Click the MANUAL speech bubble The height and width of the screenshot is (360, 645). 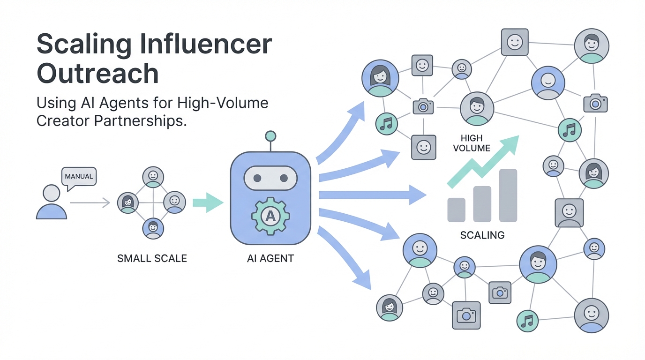click(79, 177)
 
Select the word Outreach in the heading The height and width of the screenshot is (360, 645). click(97, 73)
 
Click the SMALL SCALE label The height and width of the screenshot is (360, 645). click(152, 258)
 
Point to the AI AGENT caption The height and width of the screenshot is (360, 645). click(270, 258)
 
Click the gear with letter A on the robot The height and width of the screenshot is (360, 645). click(270, 216)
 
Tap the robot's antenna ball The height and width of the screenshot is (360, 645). click(270, 136)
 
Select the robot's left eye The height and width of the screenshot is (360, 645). click(256, 178)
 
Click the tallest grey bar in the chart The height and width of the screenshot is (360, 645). click(508, 195)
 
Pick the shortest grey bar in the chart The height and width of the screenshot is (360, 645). click(456, 210)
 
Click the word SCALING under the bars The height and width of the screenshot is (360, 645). click(482, 235)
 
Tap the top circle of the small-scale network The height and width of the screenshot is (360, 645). click(153, 177)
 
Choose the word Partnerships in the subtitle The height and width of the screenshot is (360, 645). click(141, 120)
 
